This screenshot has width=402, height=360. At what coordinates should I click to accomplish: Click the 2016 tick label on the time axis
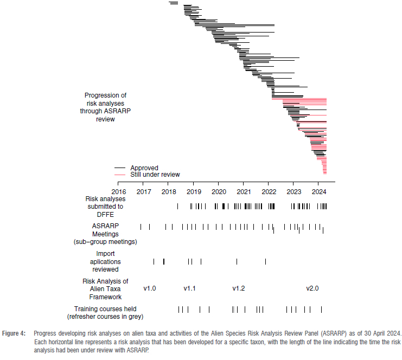point(118,191)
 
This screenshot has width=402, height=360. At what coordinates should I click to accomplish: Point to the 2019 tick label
point(194,191)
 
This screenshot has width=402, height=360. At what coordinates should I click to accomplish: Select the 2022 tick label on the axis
point(269,191)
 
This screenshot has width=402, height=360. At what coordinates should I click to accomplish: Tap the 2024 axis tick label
point(318,191)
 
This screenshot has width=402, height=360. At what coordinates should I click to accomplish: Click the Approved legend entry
point(144,168)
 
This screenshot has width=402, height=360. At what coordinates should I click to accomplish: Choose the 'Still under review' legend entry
point(155,175)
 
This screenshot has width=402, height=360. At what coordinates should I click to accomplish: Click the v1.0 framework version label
point(150,288)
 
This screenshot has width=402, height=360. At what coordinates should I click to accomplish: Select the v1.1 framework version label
point(189,288)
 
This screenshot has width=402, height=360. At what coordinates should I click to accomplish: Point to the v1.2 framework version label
point(239,288)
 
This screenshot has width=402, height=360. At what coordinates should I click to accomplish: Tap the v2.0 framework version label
point(312,288)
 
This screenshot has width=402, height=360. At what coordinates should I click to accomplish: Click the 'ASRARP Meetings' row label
point(105,233)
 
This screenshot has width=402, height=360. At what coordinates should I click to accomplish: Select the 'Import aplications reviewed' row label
point(105,261)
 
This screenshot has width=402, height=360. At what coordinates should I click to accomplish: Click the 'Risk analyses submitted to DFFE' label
point(105,206)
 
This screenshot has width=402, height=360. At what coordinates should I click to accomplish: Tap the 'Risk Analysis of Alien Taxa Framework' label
point(105,288)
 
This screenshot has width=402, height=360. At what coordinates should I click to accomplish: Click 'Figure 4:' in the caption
point(14,333)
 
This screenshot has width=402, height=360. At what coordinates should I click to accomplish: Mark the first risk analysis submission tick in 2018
point(177,206)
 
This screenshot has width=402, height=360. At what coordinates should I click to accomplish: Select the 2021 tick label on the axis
point(244,191)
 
